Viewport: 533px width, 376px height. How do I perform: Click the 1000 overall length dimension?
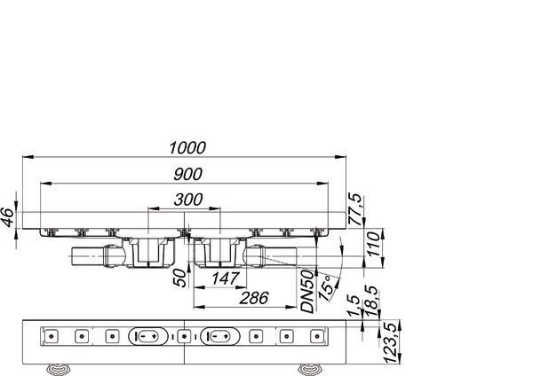point(187,148)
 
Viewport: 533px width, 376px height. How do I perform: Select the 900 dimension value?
point(187,174)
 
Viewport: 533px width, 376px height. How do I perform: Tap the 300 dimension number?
point(188,200)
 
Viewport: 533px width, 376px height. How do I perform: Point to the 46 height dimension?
point(7,217)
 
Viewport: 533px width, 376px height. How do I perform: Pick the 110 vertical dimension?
point(373,244)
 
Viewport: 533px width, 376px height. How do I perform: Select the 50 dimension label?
point(179,278)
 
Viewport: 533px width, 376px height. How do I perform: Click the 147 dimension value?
point(225,279)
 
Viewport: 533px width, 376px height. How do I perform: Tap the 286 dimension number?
point(254,298)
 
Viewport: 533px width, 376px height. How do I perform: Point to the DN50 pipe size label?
point(307,291)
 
